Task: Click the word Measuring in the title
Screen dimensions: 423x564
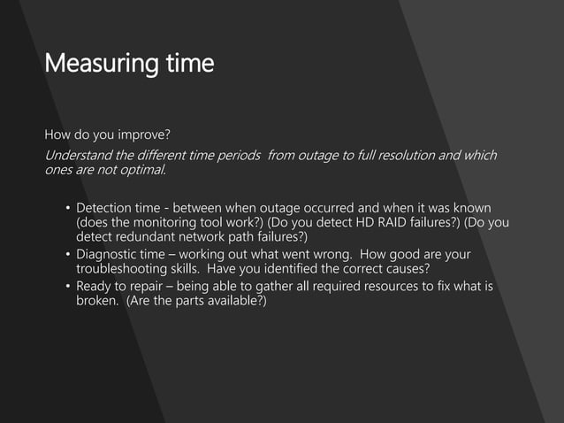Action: [x=96, y=65]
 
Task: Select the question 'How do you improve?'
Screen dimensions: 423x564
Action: [x=107, y=135]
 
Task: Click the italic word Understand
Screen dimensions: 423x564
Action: [x=82, y=156]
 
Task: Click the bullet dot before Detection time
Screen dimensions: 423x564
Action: [x=65, y=208]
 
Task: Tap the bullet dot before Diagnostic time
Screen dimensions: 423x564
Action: [x=65, y=255]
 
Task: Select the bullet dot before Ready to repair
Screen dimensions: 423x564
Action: [x=65, y=287]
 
